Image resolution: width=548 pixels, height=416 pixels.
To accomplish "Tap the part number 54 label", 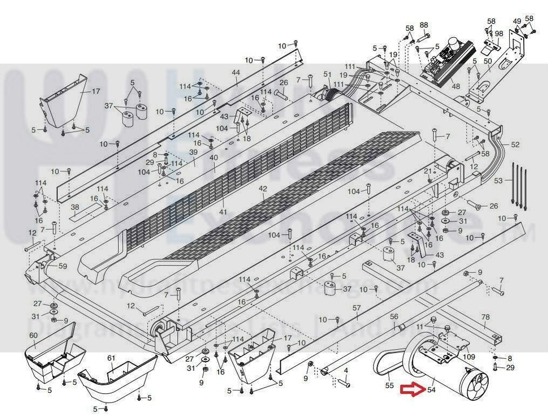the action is pos(431,390).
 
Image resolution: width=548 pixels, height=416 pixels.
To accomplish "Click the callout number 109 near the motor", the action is pos(469,357).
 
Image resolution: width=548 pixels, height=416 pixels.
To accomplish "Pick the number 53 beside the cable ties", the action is pos(498,180).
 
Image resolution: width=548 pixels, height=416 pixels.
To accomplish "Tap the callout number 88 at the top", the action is pos(424,25).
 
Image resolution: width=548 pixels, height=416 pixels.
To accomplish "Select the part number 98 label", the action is pos(498,33).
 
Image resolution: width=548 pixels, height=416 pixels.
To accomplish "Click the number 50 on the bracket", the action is pos(487,61).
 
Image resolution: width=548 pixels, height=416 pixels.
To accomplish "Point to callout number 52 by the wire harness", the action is pos(515,145).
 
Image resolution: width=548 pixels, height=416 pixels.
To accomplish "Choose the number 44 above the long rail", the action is pos(235,72).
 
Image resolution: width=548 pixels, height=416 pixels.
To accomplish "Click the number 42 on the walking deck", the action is pos(263,189).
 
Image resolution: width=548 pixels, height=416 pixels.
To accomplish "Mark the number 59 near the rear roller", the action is pos(63,266).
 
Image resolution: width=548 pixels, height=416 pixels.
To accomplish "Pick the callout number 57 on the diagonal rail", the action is pos(356,308).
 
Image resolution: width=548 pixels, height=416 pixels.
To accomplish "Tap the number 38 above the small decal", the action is pos(75,207).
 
